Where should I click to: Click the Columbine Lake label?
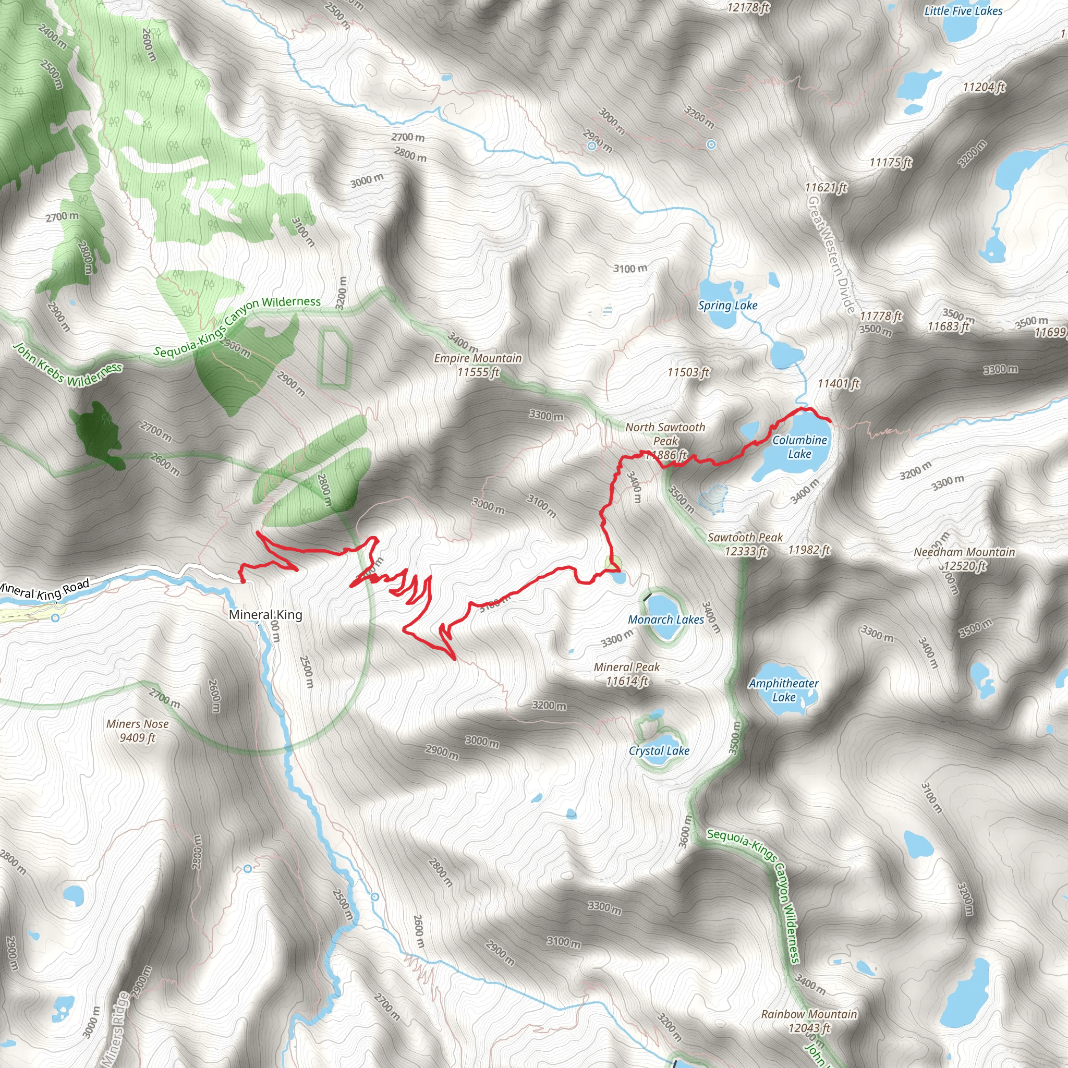(x=799, y=447)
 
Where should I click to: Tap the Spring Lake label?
(x=727, y=306)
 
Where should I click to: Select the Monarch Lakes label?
(x=665, y=620)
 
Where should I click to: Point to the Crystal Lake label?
(x=659, y=751)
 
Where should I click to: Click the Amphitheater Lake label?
(x=784, y=690)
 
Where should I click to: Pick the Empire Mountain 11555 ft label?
(x=478, y=365)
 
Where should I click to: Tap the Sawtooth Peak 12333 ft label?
(x=745, y=544)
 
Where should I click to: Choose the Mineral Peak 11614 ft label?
(x=627, y=674)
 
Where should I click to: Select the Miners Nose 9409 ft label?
(x=138, y=730)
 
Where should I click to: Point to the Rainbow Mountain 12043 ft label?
(x=809, y=1021)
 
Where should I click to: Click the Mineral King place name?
(x=265, y=615)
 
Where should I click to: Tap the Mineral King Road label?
(x=44, y=590)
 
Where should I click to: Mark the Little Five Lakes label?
(x=963, y=10)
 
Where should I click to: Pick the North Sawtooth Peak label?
(x=665, y=434)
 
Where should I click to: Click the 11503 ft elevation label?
(x=688, y=372)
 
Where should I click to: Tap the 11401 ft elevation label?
(x=839, y=383)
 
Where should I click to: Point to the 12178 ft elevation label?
(x=748, y=7)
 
